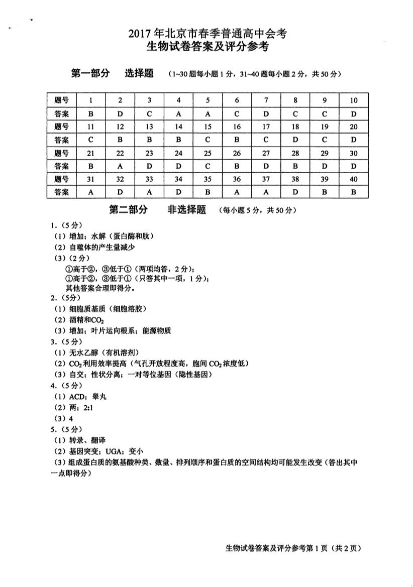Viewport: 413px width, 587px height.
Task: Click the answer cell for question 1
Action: click(x=91, y=114)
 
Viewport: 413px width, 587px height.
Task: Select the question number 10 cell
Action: click(x=354, y=100)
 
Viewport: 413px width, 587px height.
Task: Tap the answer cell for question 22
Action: click(x=120, y=166)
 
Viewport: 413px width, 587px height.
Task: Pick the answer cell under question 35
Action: click(x=208, y=192)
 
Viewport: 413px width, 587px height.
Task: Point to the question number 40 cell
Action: click(x=354, y=179)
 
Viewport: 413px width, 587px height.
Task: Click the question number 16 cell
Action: click(x=237, y=127)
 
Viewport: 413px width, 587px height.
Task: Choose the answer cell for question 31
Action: click(x=91, y=192)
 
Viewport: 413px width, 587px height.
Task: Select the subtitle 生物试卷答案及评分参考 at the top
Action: click(x=207, y=48)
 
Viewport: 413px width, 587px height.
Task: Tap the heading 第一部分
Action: click(x=90, y=74)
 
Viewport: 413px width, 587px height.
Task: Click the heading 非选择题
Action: click(x=186, y=210)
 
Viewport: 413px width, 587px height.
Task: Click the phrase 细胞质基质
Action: click(x=90, y=308)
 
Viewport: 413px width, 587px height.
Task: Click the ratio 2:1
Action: click(x=89, y=407)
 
